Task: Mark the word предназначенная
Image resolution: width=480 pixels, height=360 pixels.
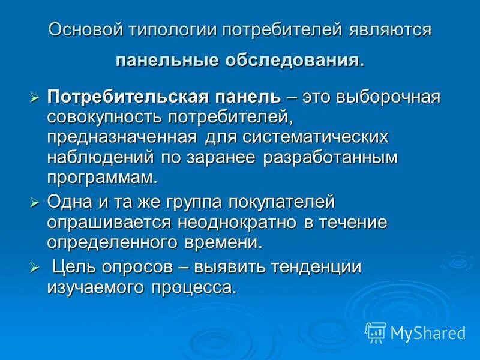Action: (122, 137)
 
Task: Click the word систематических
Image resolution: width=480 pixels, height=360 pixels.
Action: (316, 137)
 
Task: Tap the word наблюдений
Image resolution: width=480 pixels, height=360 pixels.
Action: (100, 157)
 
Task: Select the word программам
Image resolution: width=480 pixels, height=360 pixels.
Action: (102, 178)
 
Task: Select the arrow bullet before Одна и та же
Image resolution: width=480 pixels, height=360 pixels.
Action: (35, 202)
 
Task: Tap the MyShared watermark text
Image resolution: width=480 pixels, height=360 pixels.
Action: (428, 332)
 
